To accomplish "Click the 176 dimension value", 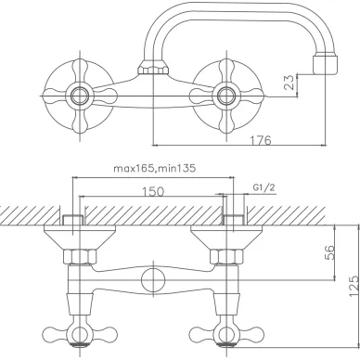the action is [261, 140].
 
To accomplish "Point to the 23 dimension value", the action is [289, 83].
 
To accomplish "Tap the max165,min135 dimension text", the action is [155, 169].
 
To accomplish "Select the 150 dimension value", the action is [153, 192].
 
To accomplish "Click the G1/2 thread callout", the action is [264, 187].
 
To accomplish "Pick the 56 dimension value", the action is [329, 252].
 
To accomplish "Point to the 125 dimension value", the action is [354, 286].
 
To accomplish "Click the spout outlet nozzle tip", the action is [325, 64].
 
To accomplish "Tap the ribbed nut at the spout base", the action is [153, 68].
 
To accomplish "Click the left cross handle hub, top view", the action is [80, 96].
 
